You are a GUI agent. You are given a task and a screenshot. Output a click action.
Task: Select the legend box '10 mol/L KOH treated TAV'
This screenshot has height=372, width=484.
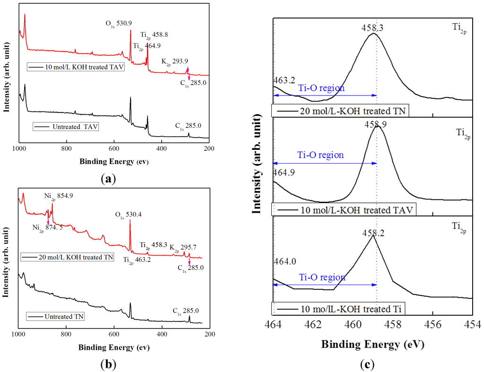76,67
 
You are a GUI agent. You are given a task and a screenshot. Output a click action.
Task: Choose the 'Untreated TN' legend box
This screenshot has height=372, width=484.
55,316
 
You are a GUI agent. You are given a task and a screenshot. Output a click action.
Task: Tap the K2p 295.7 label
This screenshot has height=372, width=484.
186,247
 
